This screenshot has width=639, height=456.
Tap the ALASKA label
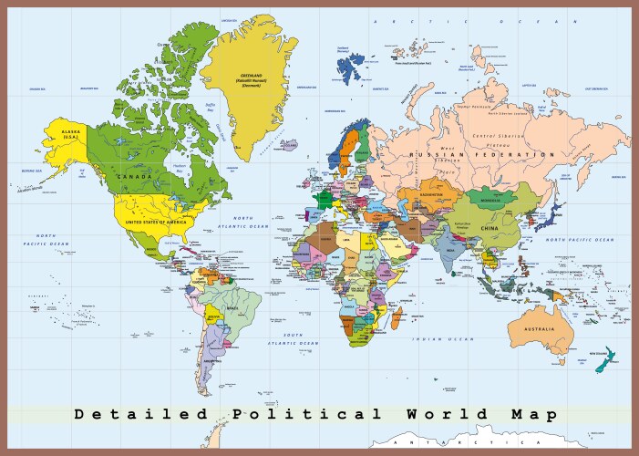point(71,133)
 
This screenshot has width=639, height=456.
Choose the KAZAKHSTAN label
point(432,194)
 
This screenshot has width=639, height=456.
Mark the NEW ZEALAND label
point(597,352)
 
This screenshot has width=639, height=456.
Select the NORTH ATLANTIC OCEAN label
point(243,222)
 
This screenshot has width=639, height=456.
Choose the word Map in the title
point(532,414)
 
